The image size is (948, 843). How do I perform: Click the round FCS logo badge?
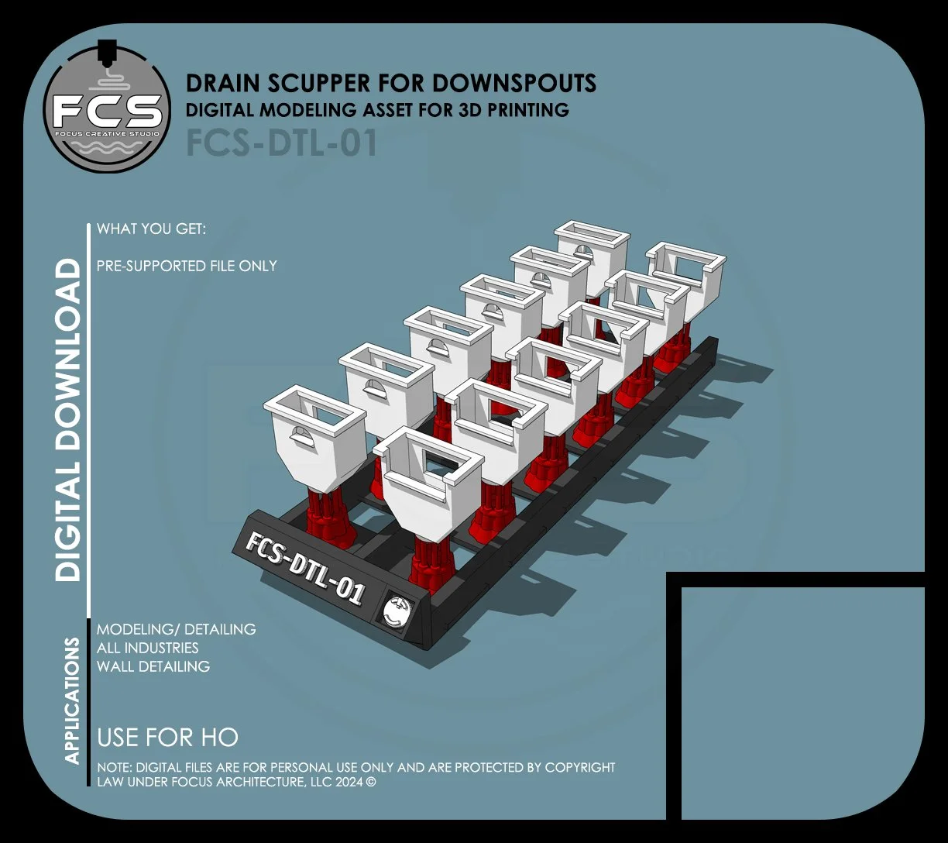pos(107,108)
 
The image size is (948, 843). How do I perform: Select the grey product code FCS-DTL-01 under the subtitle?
pos(281,143)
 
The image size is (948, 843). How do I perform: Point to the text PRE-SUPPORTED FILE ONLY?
pos(187,266)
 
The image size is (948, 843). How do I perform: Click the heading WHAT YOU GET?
pos(152,230)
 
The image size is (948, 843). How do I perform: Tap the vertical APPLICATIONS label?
pos(72,700)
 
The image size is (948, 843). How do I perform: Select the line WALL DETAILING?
pos(153,666)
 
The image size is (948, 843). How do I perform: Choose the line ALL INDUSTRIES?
pos(148,648)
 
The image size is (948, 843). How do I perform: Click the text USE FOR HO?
pos(167,737)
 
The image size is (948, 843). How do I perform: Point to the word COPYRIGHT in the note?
pos(580,768)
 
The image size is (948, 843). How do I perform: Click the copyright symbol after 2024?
pos(371,782)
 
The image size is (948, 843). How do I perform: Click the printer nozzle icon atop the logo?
pos(107,48)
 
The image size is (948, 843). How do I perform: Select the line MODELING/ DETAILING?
pos(177,629)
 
